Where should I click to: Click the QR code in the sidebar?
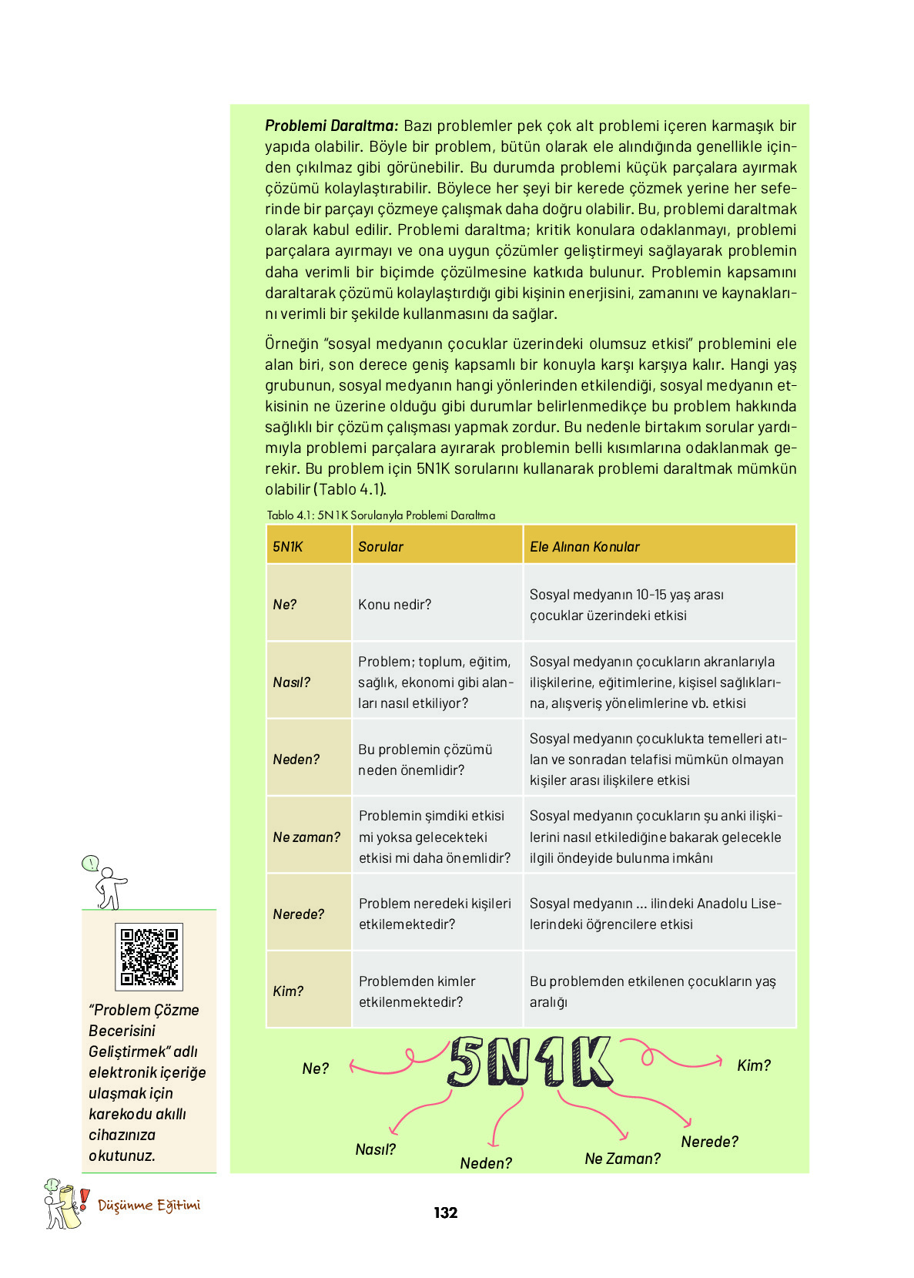(x=149, y=956)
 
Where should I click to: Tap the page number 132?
(x=445, y=1213)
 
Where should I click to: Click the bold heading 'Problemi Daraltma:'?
(x=332, y=126)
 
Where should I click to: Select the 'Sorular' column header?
(x=380, y=546)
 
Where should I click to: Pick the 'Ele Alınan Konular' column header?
(x=584, y=546)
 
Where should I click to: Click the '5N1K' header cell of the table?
(x=288, y=546)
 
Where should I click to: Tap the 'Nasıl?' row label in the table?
(x=291, y=682)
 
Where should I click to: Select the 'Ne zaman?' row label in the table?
(x=306, y=837)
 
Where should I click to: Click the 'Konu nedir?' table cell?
(x=394, y=604)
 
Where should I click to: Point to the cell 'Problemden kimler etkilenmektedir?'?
(x=417, y=991)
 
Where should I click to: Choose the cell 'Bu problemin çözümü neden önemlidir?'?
(x=425, y=759)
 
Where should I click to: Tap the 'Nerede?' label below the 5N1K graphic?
(x=709, y=1141)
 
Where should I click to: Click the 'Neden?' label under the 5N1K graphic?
(x=485, y=1162)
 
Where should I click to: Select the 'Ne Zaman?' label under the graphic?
(x=622, y=1158)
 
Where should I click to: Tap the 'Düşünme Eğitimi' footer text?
(x=149, y=1205)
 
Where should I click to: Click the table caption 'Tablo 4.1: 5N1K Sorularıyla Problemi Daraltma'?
(x=380, y=515)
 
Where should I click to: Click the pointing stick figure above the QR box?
(x=106, y=882)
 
